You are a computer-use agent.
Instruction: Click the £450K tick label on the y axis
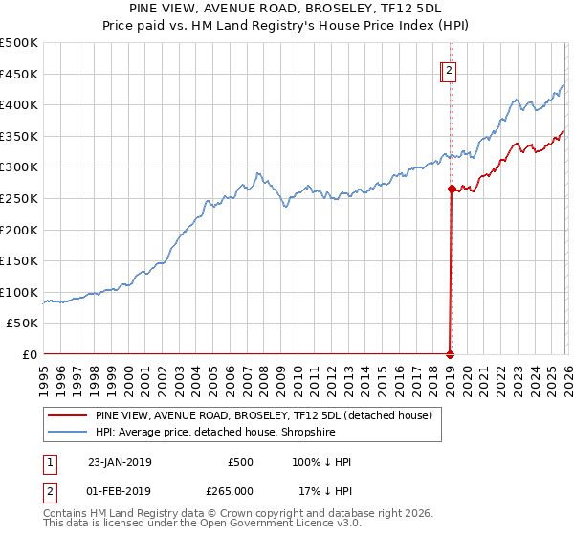point(19,74)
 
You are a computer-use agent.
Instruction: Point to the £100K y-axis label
point(19,292)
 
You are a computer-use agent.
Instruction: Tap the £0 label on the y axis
point(30,354)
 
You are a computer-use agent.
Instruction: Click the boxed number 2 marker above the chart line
point(449,69)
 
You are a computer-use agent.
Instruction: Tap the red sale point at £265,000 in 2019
point(451,190)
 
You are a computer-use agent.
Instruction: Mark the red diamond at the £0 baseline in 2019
point(451,354)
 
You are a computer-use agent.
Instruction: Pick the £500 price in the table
point(240,462)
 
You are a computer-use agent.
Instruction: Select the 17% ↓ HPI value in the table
point(324,490)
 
